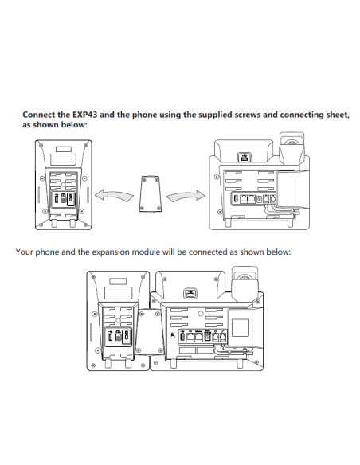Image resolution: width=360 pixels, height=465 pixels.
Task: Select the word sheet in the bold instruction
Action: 338,115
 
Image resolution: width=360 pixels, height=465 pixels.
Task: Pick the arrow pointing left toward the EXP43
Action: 114,196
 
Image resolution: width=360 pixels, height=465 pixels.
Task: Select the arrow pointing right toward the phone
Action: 186,196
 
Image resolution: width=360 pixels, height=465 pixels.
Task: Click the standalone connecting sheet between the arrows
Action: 150,194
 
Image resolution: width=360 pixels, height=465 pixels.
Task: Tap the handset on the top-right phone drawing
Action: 292,148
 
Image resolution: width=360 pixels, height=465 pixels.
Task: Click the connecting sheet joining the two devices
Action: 150,331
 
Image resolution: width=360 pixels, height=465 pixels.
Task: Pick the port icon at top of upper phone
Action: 245,157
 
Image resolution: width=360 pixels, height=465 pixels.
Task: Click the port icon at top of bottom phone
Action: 190,294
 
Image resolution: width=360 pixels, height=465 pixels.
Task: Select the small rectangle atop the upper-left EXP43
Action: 64,149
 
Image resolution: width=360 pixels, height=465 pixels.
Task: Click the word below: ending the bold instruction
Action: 74,125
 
